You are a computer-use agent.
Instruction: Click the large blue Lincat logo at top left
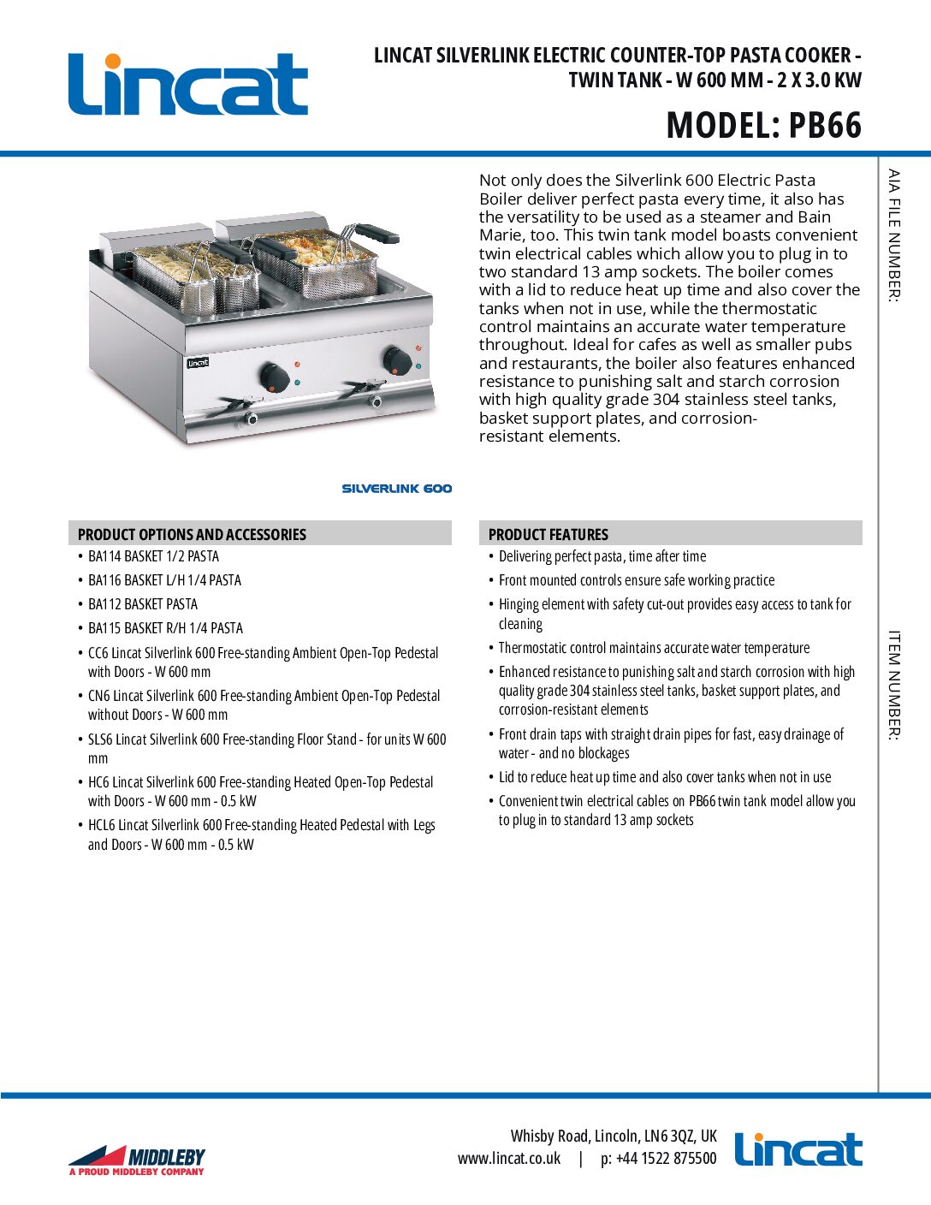coord(187,84)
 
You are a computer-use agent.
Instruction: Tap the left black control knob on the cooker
coord(274,375)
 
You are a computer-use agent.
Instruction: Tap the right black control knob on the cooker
coord(396,360)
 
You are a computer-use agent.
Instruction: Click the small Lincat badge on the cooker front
coord(198,363)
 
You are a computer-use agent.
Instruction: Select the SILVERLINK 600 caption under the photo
coord(396,489)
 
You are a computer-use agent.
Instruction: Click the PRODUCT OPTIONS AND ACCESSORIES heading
coord(192,534)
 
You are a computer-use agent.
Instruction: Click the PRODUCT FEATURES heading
coord(548,534)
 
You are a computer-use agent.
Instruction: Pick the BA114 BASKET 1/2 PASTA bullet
coord(153,556)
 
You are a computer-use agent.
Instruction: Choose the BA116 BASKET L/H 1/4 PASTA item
coord(164,580)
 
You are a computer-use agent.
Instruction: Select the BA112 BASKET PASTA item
coord(143,604)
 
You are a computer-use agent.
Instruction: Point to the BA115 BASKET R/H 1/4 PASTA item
coord(165,628)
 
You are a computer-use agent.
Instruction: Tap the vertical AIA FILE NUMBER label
coord(893,235)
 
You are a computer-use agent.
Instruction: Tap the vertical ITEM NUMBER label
coord(893,685)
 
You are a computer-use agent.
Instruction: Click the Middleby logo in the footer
coord(137,1160)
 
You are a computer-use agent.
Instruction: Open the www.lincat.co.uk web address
coord(509,1159)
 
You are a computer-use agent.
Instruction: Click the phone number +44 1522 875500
coord(666,1159)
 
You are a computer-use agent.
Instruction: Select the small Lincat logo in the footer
coord(798,1149)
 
